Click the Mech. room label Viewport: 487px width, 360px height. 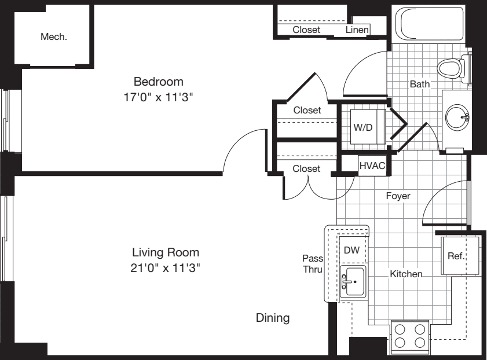53,37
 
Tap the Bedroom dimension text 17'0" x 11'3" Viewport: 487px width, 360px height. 159,97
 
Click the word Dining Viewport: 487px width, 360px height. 273,318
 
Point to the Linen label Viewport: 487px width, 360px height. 357,30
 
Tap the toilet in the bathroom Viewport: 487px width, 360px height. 451,68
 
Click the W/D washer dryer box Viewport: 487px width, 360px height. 363,126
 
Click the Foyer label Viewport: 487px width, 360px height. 398,196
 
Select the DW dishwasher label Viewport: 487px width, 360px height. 351,251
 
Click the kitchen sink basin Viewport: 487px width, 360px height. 354,282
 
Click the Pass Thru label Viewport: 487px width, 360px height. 312,263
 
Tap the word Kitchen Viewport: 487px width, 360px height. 405,274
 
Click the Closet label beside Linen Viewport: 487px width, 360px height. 306,30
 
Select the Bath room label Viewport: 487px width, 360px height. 420,84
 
